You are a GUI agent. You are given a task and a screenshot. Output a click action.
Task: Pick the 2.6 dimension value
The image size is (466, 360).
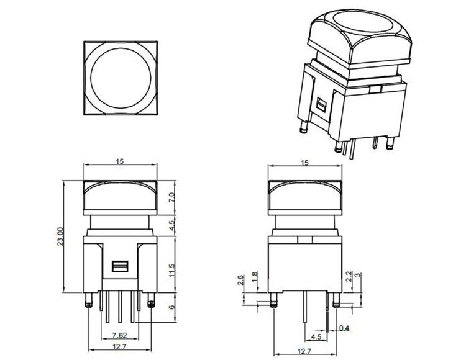tap(241, 281)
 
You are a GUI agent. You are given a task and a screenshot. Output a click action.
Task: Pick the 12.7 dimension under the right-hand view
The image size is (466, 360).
tap(304, 351)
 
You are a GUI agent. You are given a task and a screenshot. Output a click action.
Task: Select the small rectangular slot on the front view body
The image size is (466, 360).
tap(120, 267)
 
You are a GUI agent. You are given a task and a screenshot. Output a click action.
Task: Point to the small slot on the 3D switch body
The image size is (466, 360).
tap(321, 106)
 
